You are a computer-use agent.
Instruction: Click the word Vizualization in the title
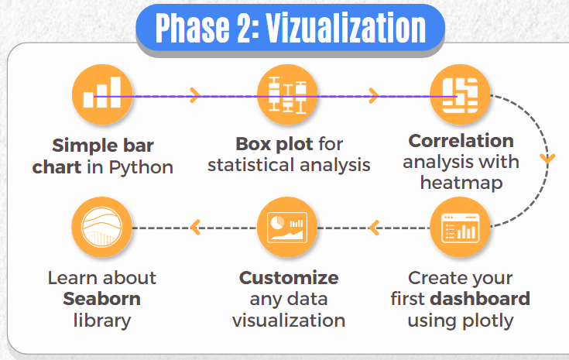point(346,28)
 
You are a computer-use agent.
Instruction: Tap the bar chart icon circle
point(102,94)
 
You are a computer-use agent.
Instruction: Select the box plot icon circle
point(287,94)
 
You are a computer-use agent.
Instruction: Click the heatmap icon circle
point(460,94)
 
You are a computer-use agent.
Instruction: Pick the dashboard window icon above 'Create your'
point(460,227)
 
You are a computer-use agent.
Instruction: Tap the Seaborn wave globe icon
point(102,227)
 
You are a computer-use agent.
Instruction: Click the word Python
point(141,168)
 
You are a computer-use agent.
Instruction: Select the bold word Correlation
point(461,141)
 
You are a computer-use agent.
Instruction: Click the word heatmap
point(461,183)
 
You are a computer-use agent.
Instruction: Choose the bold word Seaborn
point(101,299)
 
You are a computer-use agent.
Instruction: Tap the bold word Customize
point(289,278)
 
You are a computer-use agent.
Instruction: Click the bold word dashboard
point(480,299)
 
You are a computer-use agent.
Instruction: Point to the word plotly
point(487,321)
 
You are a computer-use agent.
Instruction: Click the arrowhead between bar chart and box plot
point(195,95)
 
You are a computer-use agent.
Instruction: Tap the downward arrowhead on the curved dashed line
point(547,159)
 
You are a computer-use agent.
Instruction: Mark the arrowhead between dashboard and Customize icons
point(374,228)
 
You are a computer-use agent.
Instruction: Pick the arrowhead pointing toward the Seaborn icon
point(195,228)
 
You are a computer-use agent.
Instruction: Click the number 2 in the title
point(244,28)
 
